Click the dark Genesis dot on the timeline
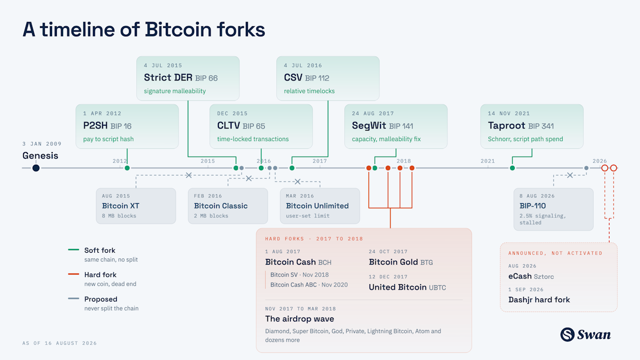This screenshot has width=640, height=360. point(36,168)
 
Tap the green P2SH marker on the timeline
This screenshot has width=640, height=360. point(127,168)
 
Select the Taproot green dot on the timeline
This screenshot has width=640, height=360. point(512,168)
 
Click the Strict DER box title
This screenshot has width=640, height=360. point(168,77)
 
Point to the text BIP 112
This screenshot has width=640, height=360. point(317,78)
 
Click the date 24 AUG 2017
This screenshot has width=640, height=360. point(373,114)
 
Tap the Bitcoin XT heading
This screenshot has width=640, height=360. point(121,206)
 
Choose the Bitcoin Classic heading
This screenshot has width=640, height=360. point(221,206)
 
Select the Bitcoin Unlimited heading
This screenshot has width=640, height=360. point(317,206)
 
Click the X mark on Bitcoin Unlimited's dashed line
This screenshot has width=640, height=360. point(297,182)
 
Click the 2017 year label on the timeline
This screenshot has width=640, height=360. point(319,161)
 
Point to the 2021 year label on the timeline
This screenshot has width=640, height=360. point(487,161)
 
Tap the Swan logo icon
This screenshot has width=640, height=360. point(567,334)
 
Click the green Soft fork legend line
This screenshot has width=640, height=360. point(74,249)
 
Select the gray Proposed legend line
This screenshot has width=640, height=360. point(74,298)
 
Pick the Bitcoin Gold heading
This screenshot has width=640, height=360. point(393,262)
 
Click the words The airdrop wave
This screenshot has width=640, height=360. point(299,319)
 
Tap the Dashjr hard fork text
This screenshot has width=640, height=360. point(539,299)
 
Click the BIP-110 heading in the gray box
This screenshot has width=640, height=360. point(533,206)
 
